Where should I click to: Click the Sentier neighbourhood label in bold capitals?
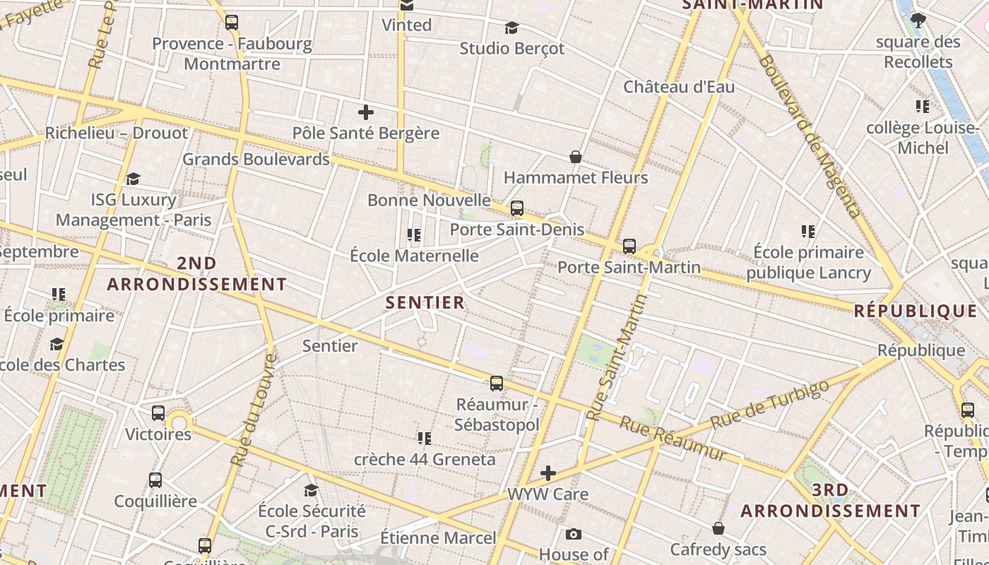pos(425,303)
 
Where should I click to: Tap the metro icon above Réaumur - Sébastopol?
pos(497,383)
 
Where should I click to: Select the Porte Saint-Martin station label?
pos(629,268)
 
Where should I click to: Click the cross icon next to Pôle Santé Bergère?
pos(365,112)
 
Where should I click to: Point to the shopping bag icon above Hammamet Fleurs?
pos(576,157)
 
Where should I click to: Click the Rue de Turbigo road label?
pos(769,404)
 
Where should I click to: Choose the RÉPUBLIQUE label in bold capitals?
pos(916,311)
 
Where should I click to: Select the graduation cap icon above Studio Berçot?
pos(511,28)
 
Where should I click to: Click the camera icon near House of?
pos(573,534)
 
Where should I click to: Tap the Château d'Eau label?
pos(678,87)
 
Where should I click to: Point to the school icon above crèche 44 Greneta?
pos(424,439)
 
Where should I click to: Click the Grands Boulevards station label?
pos(256,159)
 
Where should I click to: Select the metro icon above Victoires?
pos(158,413)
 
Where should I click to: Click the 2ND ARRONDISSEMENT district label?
pos(196,274)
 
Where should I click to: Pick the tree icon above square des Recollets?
pos(918,20)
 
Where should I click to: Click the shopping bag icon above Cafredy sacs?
pos(718,528)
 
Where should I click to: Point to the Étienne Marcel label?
pos(438,538)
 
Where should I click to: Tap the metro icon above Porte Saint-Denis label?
pos(517,208)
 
